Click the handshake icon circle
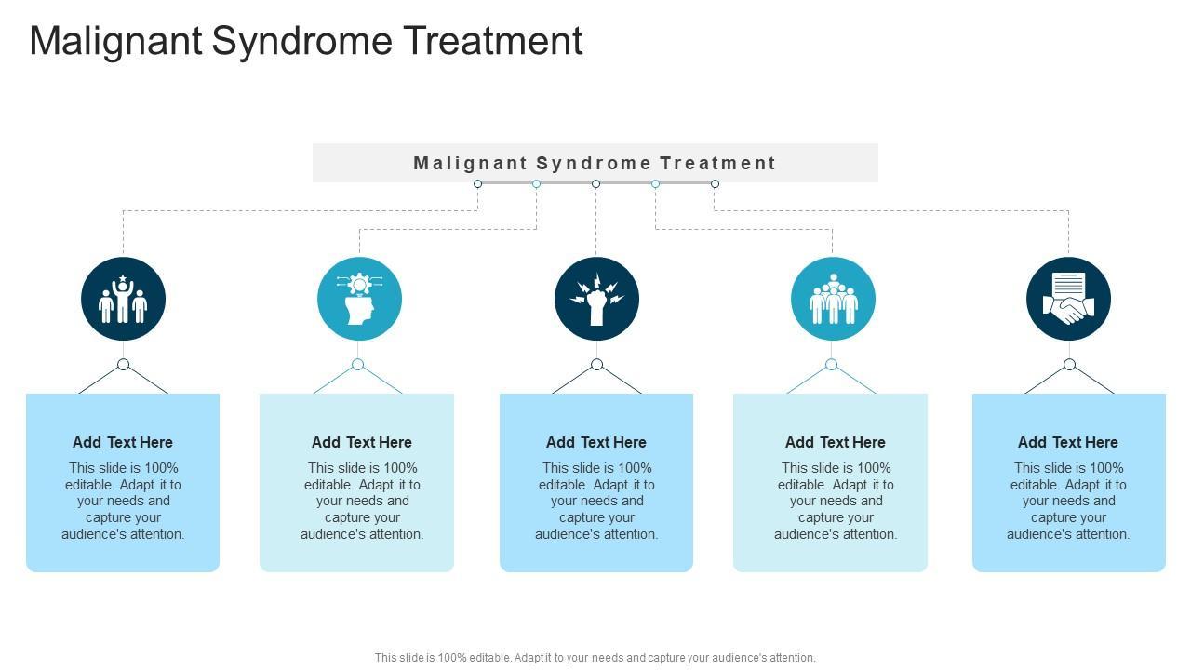click(1068, 299)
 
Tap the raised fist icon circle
click(596, 299)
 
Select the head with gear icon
click(359, 299)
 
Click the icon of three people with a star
click(123, 299)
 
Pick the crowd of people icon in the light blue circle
click(833, 299)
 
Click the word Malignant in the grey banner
click(471, 164)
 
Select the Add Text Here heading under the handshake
click(1068, 442)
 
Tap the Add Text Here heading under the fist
click(596, 442)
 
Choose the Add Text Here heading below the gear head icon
click(362, 442)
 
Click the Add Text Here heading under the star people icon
click(123, 442)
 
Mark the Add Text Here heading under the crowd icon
click(836, 442)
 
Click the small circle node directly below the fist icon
click(596, 364)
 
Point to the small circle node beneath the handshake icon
click(1069, 364)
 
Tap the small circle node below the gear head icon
click(357, 364)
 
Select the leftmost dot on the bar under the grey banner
click(477, 183)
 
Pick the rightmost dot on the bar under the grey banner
click(715, 183)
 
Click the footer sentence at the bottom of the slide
click(595, 657)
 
